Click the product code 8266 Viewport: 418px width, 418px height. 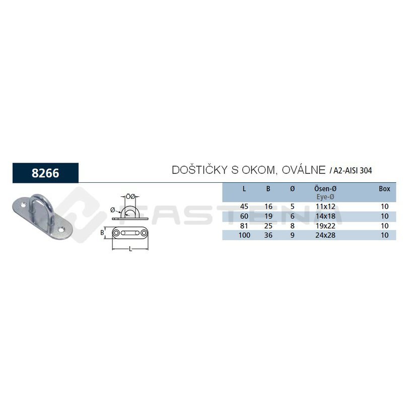pyautogui.click(x=45, y=173)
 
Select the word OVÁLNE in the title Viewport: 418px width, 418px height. pyautogui.click(x=304, y=170)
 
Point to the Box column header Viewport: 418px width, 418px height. pyautogui.click(x=384, y=189)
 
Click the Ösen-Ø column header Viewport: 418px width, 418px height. pyautogui.click(x=325, y=189)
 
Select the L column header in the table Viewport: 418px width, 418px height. pyautogui.click(x=244, y=189)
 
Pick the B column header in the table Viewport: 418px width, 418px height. pyautogui.click(x=268, y=189)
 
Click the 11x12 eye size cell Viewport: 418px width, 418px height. pyautogui.click(x=325, y=206)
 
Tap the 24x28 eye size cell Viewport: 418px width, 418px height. pyautogui.click(x=325, y=235)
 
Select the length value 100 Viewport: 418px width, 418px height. pyautogui.click(x=244, y=235)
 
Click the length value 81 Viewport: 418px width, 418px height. pyautogui.click(x=244, y=226)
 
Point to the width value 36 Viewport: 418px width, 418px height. pyautogui.click(x=268, y=235)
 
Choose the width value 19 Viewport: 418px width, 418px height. pyautogui.click(x=268, y=216)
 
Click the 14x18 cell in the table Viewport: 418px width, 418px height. pyautogui.click(x=325, y=216)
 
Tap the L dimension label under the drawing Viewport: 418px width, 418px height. pyautogui.click(x=130, y=249)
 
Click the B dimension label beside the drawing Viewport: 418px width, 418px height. pyautogui.click(x=102, y=233)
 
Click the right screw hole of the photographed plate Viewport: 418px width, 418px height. pyautogui.click(x=62, y=229)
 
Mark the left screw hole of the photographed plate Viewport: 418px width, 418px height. pyautogui.click(x=23, y=205)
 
